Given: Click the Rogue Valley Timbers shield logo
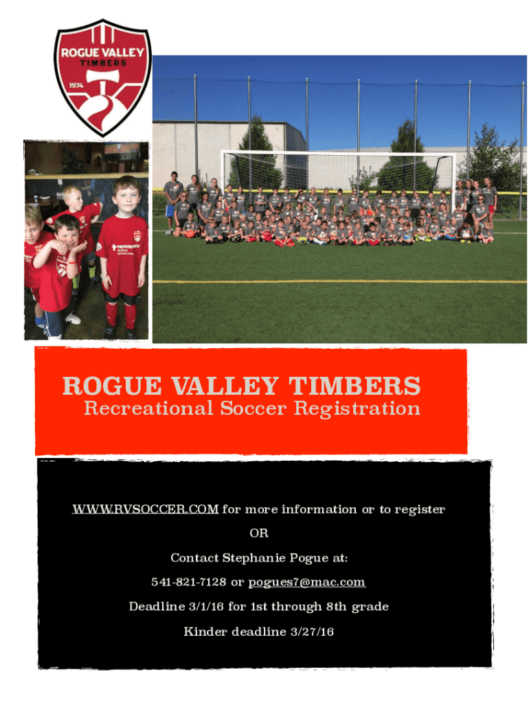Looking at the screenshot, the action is tap(103, 78).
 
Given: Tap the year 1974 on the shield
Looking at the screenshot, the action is tap(76, 85).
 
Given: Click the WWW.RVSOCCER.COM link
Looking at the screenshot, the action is tap(146, 509).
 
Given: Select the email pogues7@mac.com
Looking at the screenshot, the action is tap(307, 582).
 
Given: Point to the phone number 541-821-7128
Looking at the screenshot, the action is tap(188, 582).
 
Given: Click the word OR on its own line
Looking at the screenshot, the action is tap(259, 533).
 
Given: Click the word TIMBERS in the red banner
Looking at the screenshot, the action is tap(354, 386).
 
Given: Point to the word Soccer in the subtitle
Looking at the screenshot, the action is tap(253, 408).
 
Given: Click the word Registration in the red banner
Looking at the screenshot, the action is tap(357, 409).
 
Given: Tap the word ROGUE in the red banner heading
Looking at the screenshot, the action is tap(112, 386).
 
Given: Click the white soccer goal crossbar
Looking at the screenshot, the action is tap(338, 153).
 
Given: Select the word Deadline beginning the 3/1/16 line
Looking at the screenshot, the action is tap(157, 607).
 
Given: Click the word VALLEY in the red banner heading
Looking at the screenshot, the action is tap(225, 386).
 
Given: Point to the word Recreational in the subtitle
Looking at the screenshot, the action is tap(148, 408).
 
